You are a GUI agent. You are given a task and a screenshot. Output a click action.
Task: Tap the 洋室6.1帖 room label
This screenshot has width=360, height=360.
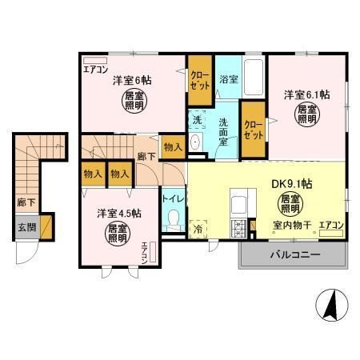click(x=306, y=94)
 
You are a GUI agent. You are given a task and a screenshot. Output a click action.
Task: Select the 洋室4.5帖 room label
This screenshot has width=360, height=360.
click(x=119, y=214)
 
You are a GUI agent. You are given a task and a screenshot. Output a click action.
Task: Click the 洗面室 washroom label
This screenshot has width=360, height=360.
click(x=227, y=130)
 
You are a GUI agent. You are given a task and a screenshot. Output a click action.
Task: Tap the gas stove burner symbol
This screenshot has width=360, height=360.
click(x=238, y=231)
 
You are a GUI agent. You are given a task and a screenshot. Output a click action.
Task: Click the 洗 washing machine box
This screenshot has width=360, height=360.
click(x=197, y=120)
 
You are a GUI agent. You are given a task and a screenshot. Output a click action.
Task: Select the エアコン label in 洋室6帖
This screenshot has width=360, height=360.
click(x=96, y=70)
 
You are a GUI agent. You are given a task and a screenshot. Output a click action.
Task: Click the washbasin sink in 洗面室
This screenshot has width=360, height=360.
click(x=197, y=144)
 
